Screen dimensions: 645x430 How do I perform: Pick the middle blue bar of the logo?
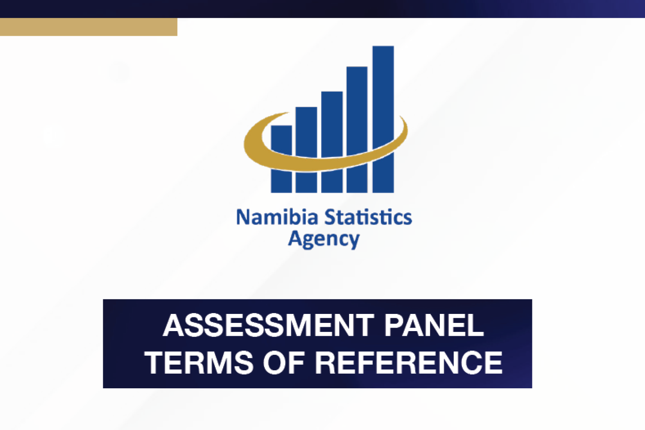(x=332, y=124)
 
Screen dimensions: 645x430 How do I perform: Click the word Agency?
(x=324, y=240)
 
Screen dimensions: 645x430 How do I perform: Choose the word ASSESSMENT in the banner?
(x=268, y=325)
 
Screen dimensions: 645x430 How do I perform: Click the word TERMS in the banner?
(x=199, y=362)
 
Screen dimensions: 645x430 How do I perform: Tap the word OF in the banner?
(x=284, y=362)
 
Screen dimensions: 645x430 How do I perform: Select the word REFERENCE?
(x=409, y=362)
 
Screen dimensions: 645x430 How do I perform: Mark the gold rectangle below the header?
(x=89, y=27)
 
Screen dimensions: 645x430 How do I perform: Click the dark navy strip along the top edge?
(x=322, y=9)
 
